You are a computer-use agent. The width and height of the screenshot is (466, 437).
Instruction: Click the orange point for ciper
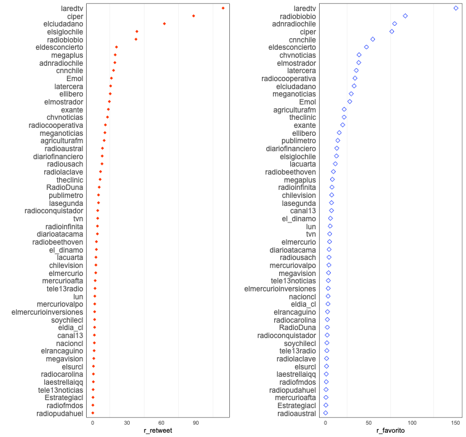[x=193, y=16]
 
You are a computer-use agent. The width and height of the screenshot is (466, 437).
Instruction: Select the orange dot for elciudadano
[x=164, y=24]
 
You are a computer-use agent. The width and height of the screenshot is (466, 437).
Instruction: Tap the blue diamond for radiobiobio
[x=405, y=16]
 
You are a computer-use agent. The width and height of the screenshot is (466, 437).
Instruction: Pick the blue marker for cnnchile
[x=372, y=39]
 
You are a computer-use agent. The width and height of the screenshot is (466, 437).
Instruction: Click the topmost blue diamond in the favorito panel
[x=456, y=8]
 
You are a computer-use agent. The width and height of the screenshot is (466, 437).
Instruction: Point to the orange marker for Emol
[x=111, y=79]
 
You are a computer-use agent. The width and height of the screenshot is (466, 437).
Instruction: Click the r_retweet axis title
[x=157, y=431]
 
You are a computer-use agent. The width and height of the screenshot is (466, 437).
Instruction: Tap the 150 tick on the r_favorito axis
[x=456, y=423]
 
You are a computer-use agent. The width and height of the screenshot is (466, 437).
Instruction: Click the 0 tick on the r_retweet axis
[x=93, y=423]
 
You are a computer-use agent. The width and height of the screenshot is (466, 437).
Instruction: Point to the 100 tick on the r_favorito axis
[x=412, y=423]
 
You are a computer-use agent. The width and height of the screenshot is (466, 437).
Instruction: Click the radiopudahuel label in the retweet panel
[x=60, y=414]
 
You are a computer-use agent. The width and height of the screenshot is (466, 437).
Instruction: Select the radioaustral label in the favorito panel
[x=297, y=414]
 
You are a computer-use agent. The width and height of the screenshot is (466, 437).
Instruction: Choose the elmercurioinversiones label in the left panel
[x=47, y=312]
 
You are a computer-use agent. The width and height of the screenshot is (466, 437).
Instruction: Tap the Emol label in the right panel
[x=307, y=102]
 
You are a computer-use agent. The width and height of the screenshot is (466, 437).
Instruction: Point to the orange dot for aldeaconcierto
[x=116, y=47]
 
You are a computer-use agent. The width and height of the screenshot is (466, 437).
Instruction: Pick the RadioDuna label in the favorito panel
[x=301, y=328]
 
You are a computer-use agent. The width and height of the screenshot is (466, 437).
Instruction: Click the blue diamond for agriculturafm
[x=344, y=109]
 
